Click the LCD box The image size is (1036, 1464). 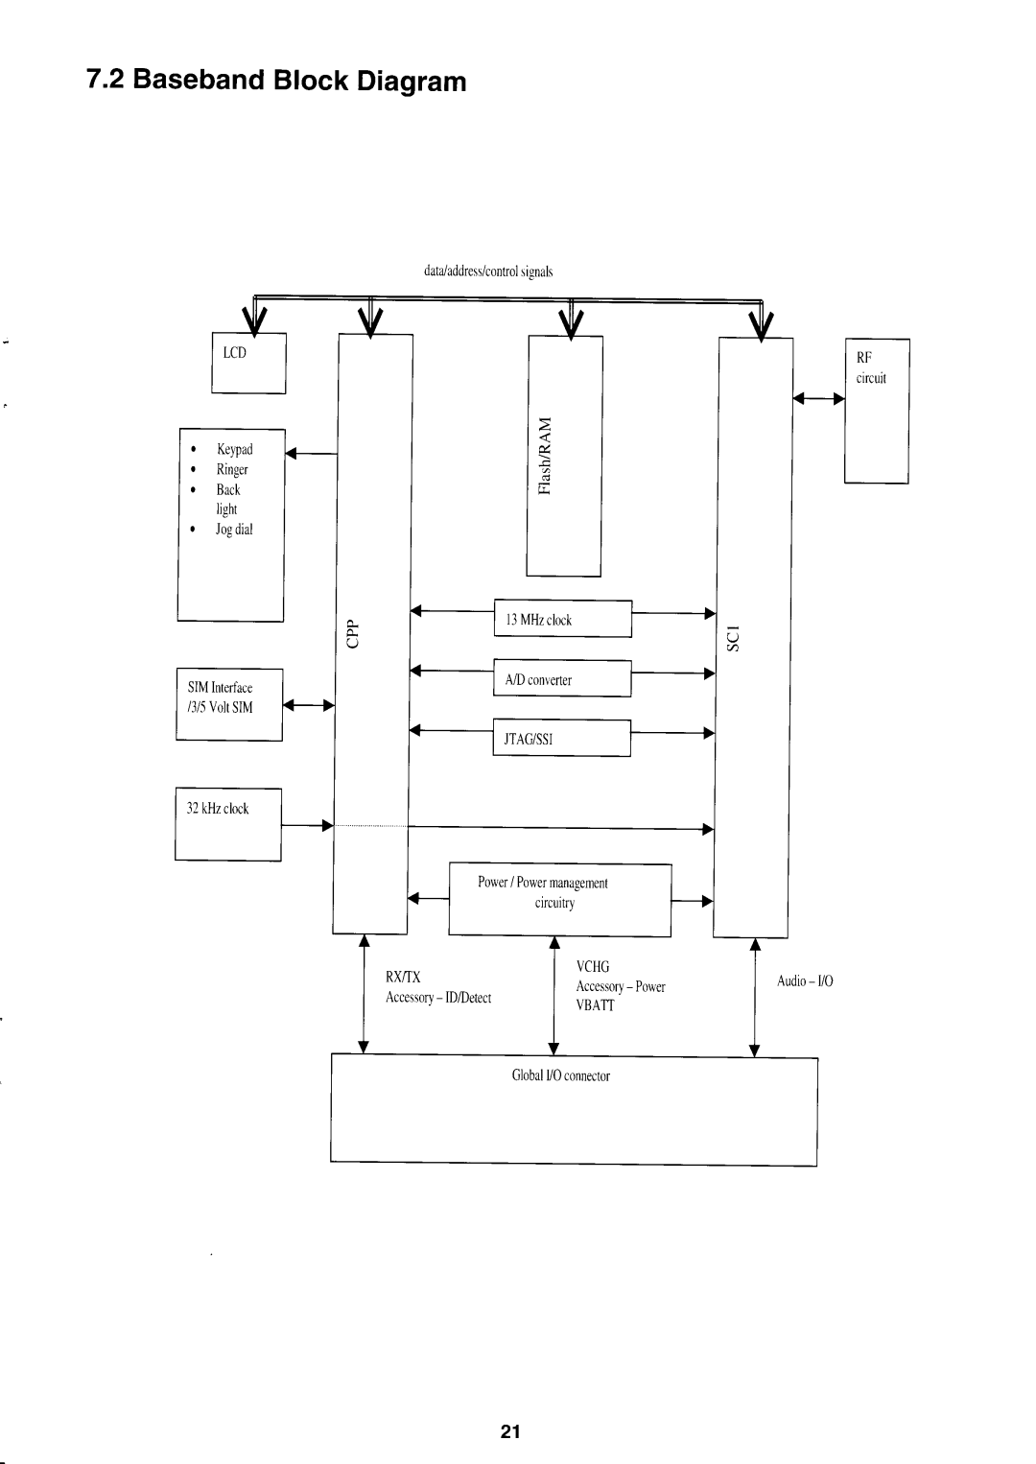248,363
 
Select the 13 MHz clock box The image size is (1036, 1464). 562,619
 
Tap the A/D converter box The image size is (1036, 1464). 562,679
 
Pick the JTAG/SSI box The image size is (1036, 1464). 561,739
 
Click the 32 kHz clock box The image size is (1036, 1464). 228,824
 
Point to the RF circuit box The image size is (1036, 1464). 877,411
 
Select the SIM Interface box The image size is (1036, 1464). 229,704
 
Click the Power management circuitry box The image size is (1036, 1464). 559,899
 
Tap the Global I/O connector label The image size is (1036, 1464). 561,1075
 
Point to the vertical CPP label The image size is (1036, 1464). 352,633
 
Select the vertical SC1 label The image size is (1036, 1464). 734,638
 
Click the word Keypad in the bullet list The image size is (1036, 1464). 234,449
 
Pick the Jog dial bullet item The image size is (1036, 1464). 234,530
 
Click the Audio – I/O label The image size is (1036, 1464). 806,980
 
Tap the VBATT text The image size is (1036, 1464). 596,1005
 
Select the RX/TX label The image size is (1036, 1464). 403,978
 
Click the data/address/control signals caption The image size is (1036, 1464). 488,272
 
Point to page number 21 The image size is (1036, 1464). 509,1432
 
